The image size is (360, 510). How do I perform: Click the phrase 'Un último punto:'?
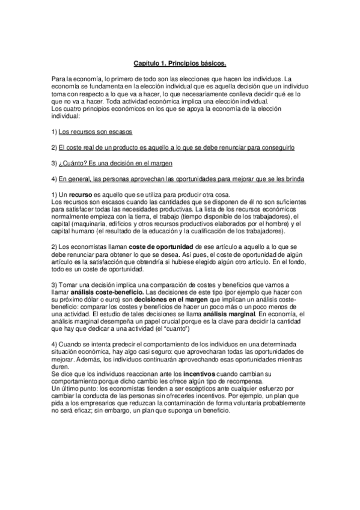coord(68,388)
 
